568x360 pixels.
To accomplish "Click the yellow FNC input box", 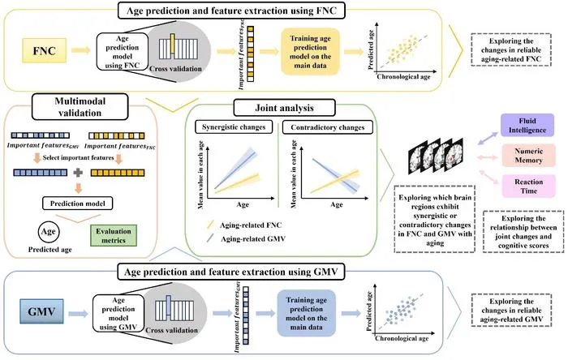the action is tap(44, 50).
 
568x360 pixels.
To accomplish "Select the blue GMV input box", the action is tap(41, 311).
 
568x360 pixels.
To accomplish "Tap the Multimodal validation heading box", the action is tap(80, 107).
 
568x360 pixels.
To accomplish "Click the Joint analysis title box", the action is tap(284, 108).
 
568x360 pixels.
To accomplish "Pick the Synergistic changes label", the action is tap(234, 127).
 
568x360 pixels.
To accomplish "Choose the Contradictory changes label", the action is tap(328, 127).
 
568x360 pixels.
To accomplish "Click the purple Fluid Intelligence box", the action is tap(527, 125).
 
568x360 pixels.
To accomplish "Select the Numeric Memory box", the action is tap(528, 156).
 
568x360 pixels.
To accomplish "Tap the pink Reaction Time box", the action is tap(528, 186).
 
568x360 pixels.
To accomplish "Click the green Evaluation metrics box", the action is tap(114, 235).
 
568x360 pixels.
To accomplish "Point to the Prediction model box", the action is tap(78, 204).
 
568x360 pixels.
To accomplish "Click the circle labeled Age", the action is tap(49, 232).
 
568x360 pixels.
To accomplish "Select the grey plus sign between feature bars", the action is tap(78, 173).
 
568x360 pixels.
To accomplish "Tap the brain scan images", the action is tap(436, 156).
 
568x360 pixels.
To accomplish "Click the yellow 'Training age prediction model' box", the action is tap(311, 52).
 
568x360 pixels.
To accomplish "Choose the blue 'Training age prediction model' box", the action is tap(307, 313).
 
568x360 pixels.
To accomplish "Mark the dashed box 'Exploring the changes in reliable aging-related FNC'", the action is tap(511, 50).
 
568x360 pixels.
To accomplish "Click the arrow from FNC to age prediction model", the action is tap(81, 50).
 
